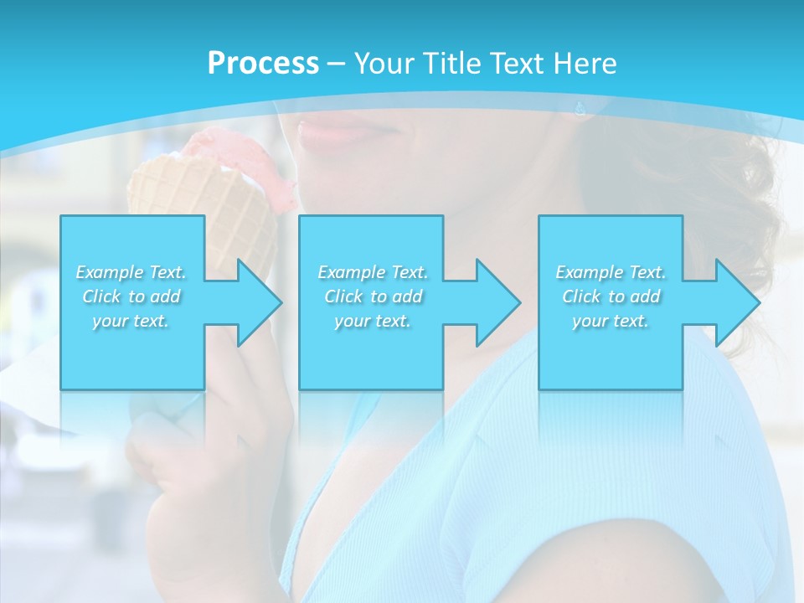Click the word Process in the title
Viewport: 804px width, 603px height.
click(x=263, y=64)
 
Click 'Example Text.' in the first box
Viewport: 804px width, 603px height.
click(x=131, y=272)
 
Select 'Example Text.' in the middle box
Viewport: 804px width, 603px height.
click(x=372, y=272)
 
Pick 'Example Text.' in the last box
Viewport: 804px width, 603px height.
click(x=611, y=272)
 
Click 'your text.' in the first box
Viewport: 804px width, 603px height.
click(x=131, y=321)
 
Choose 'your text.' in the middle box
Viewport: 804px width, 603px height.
click(x=372, y=321)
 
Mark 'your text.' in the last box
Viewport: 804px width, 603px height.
click(x=611, y=321)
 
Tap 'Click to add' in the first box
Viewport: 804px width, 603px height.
click(x=131, y=296)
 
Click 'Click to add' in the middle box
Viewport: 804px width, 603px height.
click(x=372, y=296)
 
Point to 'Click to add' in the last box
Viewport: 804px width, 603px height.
click(x=611, y=296)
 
